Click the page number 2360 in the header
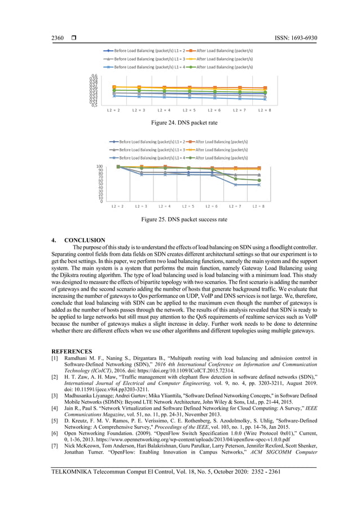coord(58,38)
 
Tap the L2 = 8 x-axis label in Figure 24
coord(264,110)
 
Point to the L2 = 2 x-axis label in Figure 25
coord(118,207)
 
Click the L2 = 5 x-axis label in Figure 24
coord(189,110)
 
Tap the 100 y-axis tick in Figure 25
coord(99,166)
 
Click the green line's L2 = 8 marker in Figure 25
coord(259,180)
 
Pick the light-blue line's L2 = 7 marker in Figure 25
coord(235,185)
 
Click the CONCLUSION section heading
coord(85,240)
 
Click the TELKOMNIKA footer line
coord(165,471)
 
